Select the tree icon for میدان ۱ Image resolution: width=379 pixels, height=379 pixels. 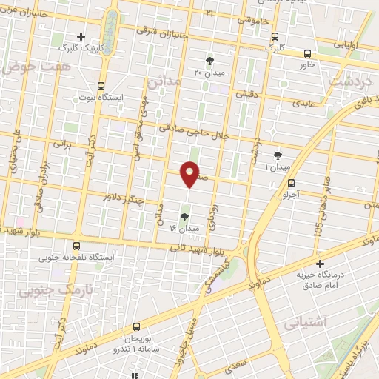(x=278, y=155)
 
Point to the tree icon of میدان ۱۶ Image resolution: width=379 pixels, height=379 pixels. (x=184, y=217)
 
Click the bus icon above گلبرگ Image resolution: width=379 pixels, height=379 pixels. (x=275, y=36)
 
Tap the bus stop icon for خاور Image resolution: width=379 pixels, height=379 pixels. (x=307, y=53)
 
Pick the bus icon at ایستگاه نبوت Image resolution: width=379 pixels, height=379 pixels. (x=101, y=86)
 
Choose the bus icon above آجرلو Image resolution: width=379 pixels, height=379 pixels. (x=291, y=183)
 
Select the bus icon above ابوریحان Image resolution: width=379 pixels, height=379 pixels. (x=135, y=326)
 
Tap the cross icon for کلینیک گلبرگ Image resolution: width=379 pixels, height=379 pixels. (x=81, y=36)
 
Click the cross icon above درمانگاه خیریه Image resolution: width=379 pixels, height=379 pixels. (x=320, y=263)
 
